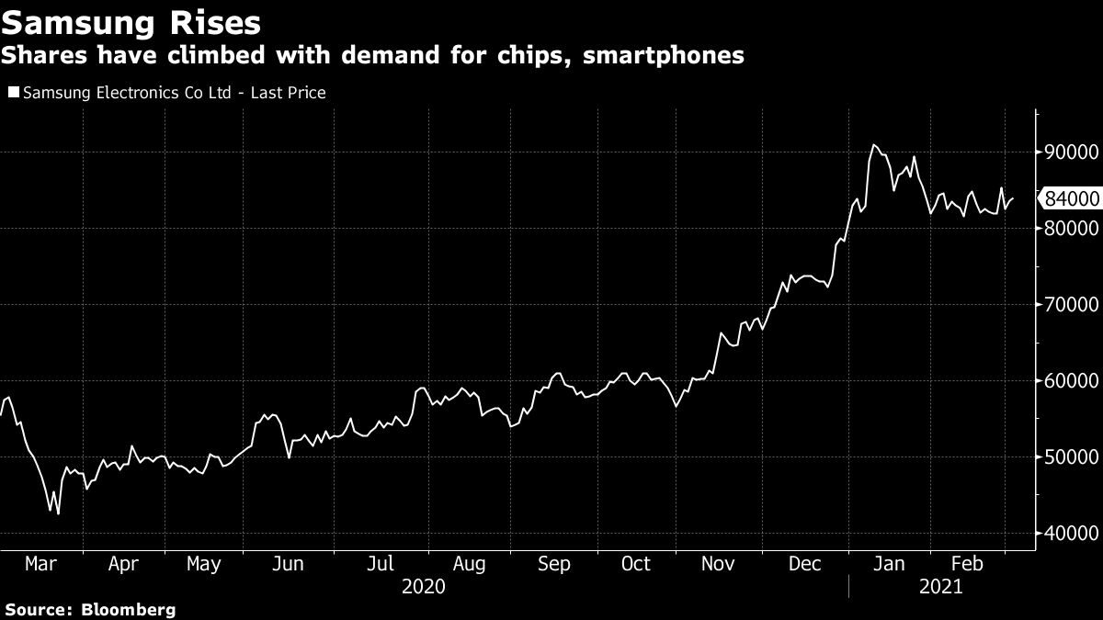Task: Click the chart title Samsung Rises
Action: tap(131, 21)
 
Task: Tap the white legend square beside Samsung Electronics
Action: tap(13, 93)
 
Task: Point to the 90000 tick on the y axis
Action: tap(1068, 152)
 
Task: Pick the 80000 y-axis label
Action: tap(1068, 229)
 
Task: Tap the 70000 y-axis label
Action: tap(1068, 305)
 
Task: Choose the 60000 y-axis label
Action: tap(1068, 381)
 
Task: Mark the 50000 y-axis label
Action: tap(1068, 457)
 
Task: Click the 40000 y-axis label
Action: tap(1068, 534)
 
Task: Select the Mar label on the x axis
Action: tap(41, 564)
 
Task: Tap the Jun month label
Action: tap(289, 564)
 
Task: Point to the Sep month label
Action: tap(553, 564)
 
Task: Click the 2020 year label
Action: tap(424, 586)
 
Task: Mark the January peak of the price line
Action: tap(873, 145)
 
